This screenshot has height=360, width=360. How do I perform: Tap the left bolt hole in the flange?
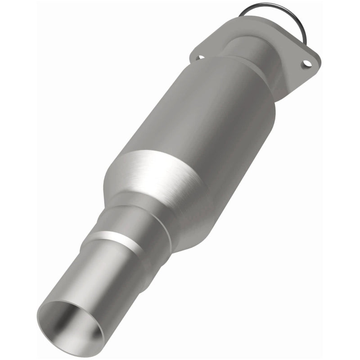200,57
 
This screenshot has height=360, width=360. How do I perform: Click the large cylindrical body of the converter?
202,112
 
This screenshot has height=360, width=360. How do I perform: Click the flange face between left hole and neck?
211,49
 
